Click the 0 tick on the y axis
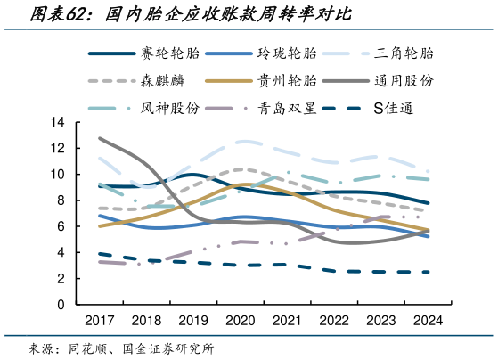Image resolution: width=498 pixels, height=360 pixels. (61, 305)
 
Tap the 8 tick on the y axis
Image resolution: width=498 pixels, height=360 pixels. (61, 200)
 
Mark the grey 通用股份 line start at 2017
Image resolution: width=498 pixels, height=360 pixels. (100, 138)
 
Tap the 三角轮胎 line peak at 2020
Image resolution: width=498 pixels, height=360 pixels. (241, 142)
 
